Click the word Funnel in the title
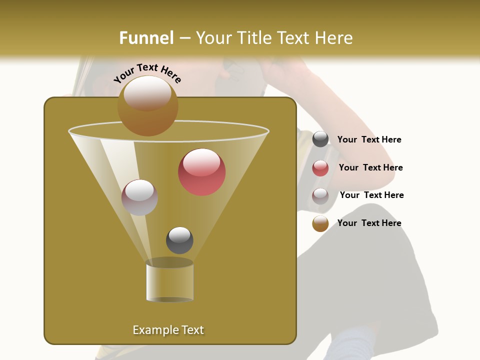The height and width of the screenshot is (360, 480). click(x=146, y=38)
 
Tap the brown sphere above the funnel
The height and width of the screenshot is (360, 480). click(x=147, y=106)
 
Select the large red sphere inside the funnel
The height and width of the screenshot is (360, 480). click(x=202, y=172)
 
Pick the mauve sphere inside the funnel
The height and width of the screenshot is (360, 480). click(x=139, y=197)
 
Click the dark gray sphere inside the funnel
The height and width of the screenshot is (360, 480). click(x=179, y=240)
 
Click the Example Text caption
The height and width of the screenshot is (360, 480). click(x=168, y=330)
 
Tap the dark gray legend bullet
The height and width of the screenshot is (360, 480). click(x=320, y=139)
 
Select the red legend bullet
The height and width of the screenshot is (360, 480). click(x=320, y=168)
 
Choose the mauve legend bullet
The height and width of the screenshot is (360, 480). click(x=320, y=195)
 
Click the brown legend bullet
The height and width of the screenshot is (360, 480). click(x=320, y=223)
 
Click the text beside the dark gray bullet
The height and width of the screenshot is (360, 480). click(x=369, y=139)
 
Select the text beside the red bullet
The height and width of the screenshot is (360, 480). click(x=370, y=167)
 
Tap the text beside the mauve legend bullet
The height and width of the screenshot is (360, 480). click(x=371, y=195)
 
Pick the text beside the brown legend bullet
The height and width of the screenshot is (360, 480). click(x=369, y=223)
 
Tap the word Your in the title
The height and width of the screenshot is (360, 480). click(x=213, y=38)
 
